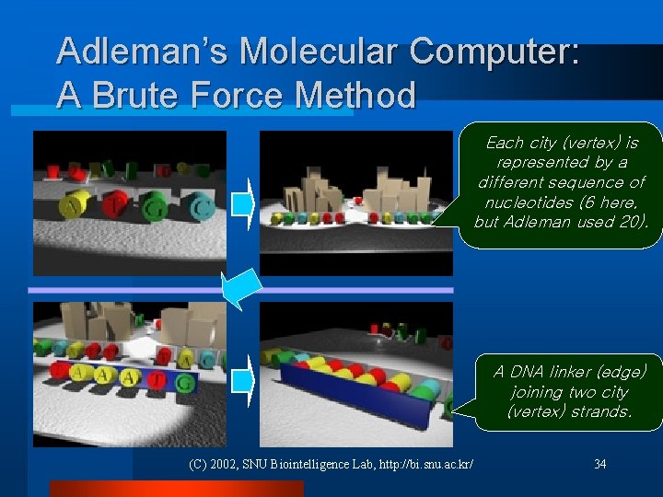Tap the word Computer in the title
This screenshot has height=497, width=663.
494,52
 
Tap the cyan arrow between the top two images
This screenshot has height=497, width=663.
242,203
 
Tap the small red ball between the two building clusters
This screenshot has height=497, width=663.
357,200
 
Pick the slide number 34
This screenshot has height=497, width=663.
599,463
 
